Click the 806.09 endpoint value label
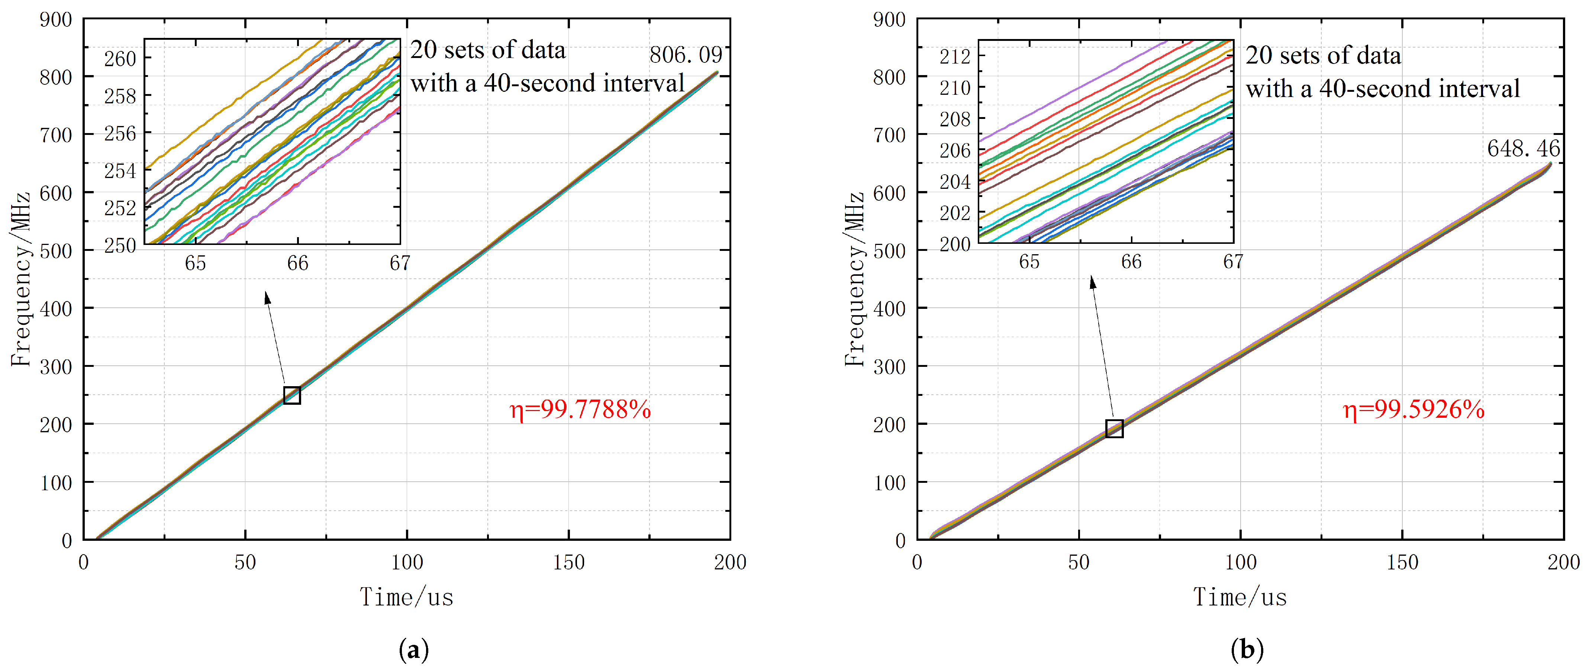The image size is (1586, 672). pos(685,55)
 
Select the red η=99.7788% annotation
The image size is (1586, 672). pos(580,409)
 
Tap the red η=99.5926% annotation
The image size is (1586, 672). pos(1413,409)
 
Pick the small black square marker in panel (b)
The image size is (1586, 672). pos(1114,428)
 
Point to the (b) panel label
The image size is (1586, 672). pos(1247,649)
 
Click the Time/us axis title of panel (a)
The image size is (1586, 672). pos(406,597)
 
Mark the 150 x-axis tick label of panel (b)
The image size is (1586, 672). pos(1402,562)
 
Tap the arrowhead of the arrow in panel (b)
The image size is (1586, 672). pos(1092,282)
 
